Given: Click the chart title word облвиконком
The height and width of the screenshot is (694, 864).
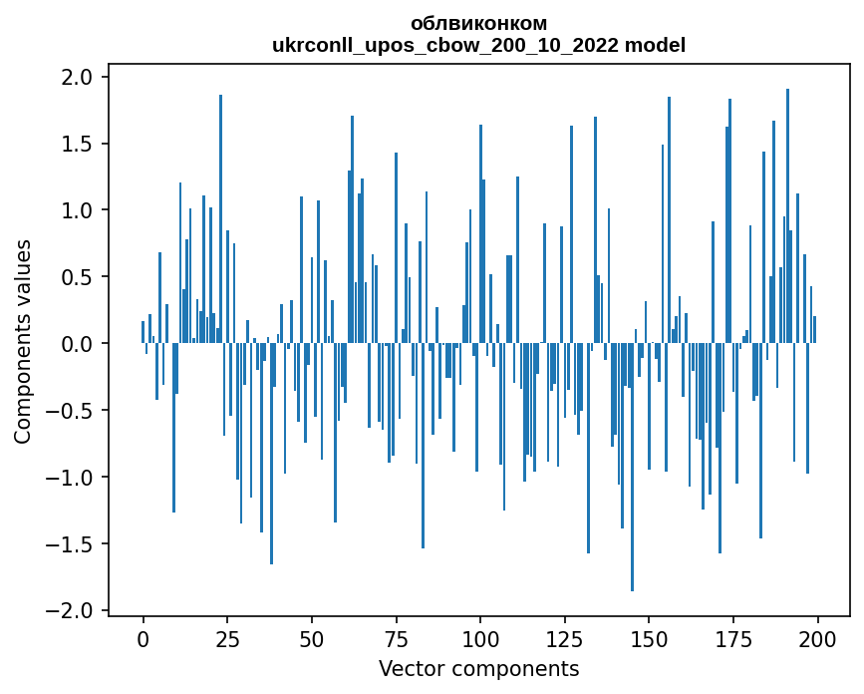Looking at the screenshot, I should tap(478, 24).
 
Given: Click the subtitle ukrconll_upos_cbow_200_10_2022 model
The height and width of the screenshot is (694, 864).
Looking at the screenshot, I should tap(478, 45).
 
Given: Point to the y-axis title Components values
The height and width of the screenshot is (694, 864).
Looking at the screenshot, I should tap(22, 341).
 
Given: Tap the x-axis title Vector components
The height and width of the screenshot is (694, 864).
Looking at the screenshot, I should tap(478, 668).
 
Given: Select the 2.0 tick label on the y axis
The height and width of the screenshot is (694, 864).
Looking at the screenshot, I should tap(78, 78).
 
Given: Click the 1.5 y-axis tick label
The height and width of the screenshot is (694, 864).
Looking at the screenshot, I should tap(78, 145).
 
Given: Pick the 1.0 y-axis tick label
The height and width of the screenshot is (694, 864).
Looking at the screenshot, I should tap(78, 210).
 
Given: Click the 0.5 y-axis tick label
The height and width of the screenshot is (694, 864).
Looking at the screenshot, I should tap(78, 277).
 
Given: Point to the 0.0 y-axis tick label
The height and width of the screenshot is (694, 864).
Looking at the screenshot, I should tap(78, 344).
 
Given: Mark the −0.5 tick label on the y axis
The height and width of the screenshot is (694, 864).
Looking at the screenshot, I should tap(72, 411).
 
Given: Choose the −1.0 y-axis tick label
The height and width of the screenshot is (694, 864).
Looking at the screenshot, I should tap(72, 478).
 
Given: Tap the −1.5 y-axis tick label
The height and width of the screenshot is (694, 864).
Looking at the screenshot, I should tap(72, 544).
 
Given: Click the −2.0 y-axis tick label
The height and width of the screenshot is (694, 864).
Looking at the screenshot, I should tap(72, 610).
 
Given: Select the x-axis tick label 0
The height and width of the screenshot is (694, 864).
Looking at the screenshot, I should tap(143, 637).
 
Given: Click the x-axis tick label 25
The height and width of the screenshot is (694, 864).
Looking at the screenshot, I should tap(227, 637).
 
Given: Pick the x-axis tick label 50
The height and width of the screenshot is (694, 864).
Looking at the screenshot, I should tap(311, 637).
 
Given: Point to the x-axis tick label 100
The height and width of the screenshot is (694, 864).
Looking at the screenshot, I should tap(480, 637).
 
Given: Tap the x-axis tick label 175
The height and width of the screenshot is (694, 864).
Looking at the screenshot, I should tap(733, 637).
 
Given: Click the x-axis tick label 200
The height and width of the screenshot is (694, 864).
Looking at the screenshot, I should tap(817, 637).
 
